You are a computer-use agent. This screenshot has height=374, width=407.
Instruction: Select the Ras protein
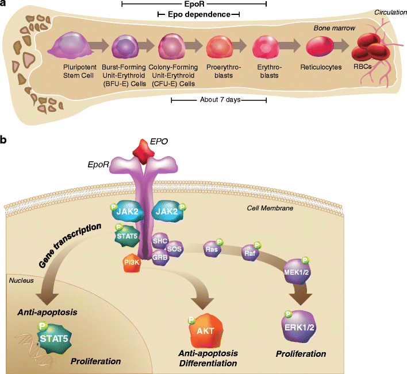(x=212, y=250)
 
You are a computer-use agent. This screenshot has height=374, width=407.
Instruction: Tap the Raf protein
(x=249, y=251)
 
